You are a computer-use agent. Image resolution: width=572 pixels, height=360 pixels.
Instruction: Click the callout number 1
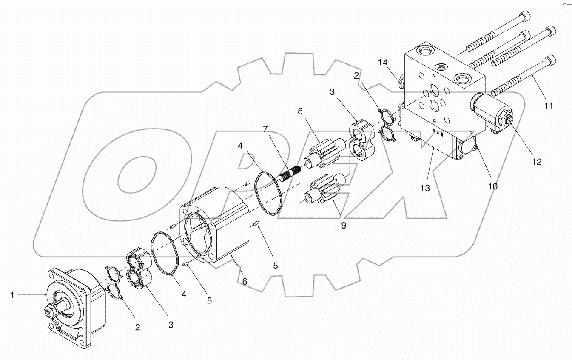tap(13, 295)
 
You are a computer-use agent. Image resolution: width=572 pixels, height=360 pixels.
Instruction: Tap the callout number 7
tap(265, 129)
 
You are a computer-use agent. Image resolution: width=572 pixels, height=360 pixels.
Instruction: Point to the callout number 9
tap(343, 226)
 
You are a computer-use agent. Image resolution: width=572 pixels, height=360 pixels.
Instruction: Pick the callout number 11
tap(549, 106)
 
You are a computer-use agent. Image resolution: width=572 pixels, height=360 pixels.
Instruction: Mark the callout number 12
tap(536, 162)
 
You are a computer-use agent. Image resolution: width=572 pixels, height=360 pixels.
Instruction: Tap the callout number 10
tap(492, 186)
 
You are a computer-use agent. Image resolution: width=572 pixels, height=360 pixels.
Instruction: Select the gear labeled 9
tap(321, 189)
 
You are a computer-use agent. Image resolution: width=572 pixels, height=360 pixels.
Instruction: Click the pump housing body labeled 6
tap(217, 230)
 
